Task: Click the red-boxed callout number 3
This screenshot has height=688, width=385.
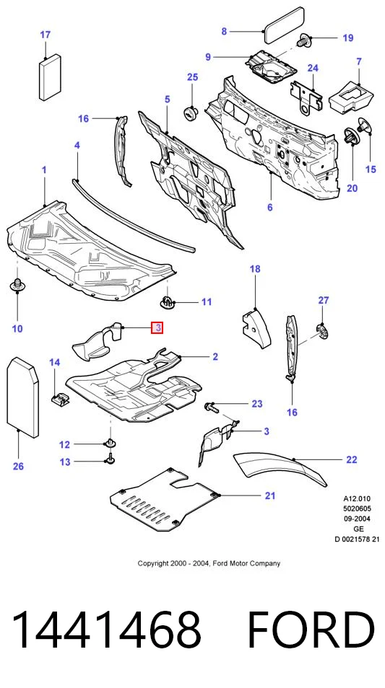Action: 157,327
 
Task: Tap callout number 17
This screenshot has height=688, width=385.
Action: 46,35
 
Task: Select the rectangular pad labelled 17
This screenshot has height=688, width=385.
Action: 50,77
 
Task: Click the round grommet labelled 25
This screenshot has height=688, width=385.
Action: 190,113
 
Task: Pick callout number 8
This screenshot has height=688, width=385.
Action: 224,31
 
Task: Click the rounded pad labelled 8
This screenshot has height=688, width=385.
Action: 283,25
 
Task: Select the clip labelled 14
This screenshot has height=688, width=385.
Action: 59,399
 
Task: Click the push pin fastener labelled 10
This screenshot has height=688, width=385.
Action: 17,285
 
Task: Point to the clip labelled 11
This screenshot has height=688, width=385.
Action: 166,301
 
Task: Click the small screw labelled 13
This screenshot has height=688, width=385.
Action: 108,461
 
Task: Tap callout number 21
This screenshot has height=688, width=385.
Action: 270,496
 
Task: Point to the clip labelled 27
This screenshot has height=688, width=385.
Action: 323,330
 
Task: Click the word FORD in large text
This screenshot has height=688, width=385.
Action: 311,630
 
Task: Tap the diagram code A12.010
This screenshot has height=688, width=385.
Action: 357,498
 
